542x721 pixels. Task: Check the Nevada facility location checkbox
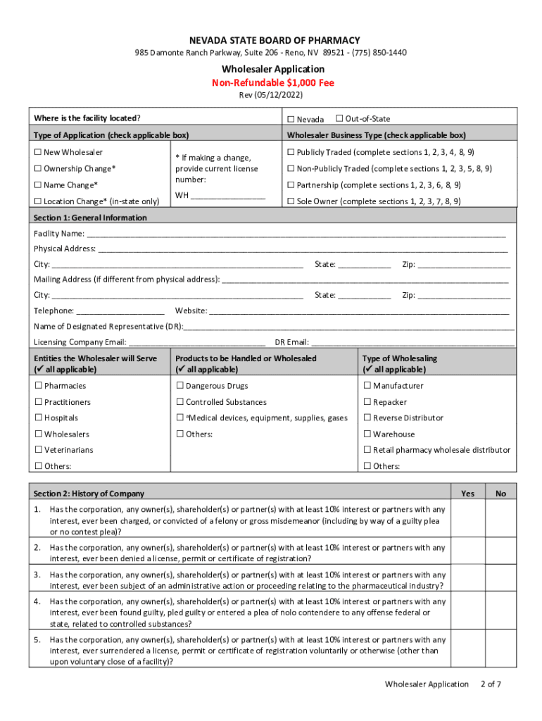[291, 119]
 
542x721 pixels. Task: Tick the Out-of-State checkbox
[339, 118]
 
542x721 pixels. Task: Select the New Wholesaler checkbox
[38, 153]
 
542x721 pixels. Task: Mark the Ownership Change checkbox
[38, 169]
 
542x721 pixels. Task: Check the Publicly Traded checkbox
[291, 153]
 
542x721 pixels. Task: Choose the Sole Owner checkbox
[291, 201]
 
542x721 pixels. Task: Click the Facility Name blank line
[296, 234]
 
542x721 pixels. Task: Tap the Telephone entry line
[120, 311]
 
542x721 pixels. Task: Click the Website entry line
[359, 311]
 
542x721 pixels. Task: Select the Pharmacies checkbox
[38, 386]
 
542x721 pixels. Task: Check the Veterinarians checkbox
[38, 450]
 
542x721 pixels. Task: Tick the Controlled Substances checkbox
[179, 402]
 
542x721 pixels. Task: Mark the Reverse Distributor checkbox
[367, 418]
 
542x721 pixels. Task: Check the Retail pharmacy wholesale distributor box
[367, 450]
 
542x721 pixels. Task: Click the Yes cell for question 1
[467, 519]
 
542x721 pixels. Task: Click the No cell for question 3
[500, 580]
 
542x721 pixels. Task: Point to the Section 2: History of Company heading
[89, 494]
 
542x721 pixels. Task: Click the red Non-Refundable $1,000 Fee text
[273, 83]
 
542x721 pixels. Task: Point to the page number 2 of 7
[490, 684]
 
